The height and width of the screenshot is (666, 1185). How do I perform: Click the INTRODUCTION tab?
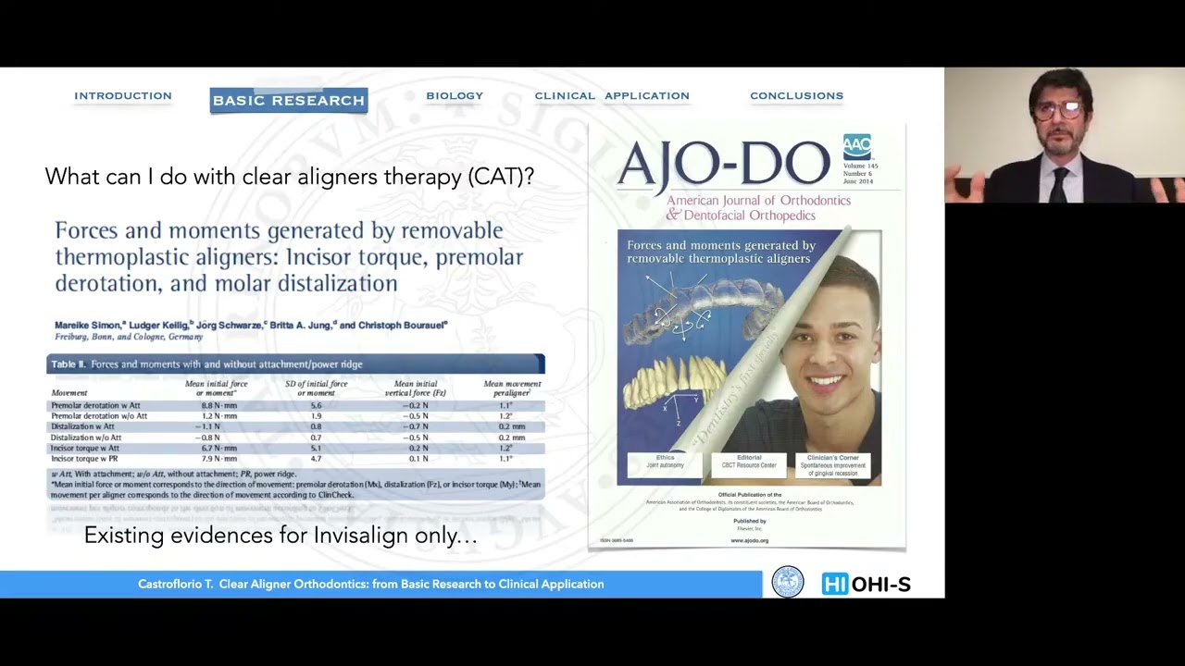pos(123,96)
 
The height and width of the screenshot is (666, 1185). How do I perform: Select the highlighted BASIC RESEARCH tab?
pos(289,101)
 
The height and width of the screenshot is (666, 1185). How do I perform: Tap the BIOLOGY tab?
pos(455,96)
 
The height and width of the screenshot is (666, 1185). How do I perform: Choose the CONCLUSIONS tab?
pos(796,96)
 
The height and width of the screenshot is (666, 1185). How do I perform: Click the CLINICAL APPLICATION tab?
pos(612,96)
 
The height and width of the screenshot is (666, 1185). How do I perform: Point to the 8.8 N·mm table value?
pos(219,405)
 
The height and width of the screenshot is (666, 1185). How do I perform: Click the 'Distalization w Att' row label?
pos(82,426)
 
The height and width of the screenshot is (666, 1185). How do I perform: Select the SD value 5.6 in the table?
pos(316,405)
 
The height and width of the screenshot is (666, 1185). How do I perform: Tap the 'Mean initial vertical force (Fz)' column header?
pos(416,388)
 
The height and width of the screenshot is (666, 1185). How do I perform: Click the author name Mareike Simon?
pos(88,326)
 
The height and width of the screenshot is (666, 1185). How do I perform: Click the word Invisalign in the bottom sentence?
pos(356,536)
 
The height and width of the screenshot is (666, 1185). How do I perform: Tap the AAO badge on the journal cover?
pos(856,147)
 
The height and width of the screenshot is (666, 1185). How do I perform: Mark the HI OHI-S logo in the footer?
pos(866,585)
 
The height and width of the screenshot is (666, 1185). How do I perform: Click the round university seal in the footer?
pos(788,583)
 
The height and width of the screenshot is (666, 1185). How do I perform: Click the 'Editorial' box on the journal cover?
pos(749,462)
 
